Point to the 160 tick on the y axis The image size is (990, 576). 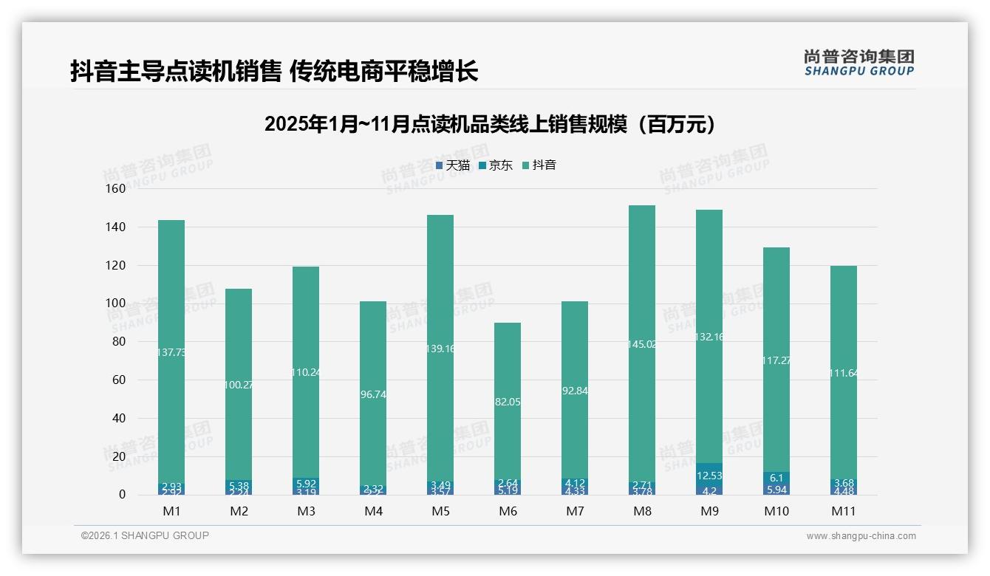pyautogui.click(x=116, y=189)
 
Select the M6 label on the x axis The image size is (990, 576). pyautogui.click(x=508, y=511)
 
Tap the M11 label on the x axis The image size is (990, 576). pyautogui.click(x=843, y=511)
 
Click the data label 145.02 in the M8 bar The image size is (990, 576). pyautogui.click(x=642, y=344)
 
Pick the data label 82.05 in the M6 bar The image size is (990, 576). pyautogui.click(x=508, y=402)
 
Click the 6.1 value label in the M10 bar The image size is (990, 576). pyautogui.click(x=776, y=479)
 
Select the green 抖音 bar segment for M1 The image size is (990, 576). pyautogui.click(x=171, y=295)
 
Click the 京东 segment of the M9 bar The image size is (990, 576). pyautogui.click(x=709, y=474)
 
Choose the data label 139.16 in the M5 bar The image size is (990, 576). pyautogui.click(x=440, y=349)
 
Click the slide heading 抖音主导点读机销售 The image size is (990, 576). pyautogui.click(x=274, y=71)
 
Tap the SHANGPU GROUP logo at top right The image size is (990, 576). pyautogui.click(x=858, y=62)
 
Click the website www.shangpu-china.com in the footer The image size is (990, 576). pyautogui.click(x=861, y=536)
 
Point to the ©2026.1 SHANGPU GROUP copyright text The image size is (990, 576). pyautogui.click(x=145, y=535)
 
